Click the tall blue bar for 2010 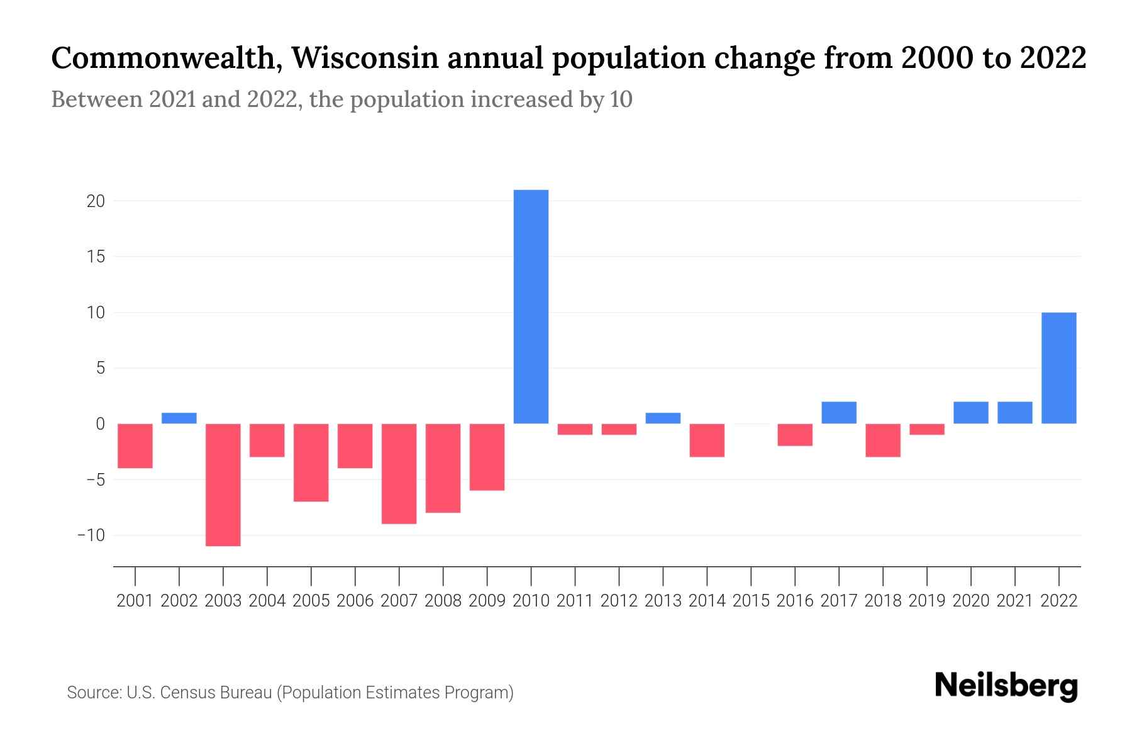click(531, 306)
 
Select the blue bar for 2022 click(1058, 368)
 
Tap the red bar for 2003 click(223, 484)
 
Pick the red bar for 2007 click(399, 473)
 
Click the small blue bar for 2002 click(179, 418)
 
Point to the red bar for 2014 click(707, 440)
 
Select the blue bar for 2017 click(839, 412)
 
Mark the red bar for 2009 click(487, 457)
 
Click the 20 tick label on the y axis click(96, 201)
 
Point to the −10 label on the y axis click(91, 535)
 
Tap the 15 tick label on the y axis click(96, 257)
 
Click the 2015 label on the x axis click(751, 601)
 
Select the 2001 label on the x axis click(135, 601)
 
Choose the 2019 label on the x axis click(927, 601)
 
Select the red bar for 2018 click(883, 440)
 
